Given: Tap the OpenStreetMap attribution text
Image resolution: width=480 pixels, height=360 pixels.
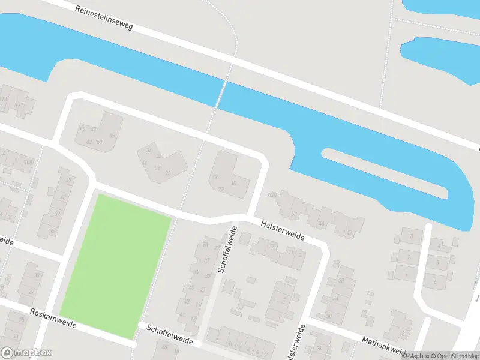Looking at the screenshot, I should click(451, 356).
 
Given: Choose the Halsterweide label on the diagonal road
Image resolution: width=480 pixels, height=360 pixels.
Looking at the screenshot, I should click(283, 230).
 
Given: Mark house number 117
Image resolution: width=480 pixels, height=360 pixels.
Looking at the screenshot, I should click(20, 105).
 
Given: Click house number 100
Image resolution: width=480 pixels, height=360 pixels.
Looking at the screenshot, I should click(28, 162).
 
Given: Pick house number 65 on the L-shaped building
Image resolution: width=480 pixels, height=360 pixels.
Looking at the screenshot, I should click(112, 136).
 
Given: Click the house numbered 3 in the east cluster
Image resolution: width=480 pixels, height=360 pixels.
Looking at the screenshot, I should click(412, 236).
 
